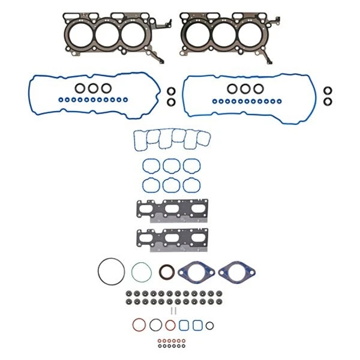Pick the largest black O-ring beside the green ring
[111, 271]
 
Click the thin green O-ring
[140, 272]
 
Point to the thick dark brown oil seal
[167, 272]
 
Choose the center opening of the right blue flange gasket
[231, 272]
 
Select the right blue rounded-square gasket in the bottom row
[197, 325]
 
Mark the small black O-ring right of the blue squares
[209, 326]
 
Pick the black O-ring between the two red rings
[155, 325]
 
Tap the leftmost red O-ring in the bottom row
[140, 325]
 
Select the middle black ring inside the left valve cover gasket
[93, 88]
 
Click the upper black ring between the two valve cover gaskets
[170, 91]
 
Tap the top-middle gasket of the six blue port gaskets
[171, 166]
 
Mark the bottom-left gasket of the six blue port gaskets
[150, 184]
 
